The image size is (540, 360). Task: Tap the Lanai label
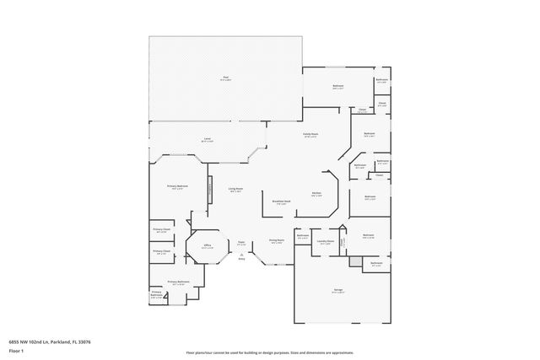pyautogui.click(x=207, y=140)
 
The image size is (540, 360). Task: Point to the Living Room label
pyautogui.click(x=235, y=191)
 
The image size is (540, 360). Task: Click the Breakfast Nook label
pyautogui.click(x=282, y=202)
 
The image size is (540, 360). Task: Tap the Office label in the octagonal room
pyautogui.click(x=207, y=246)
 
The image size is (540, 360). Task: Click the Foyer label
pyautogui.click(x=241, y=242)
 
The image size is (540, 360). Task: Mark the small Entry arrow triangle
pyautogui.click(x=241, y=255)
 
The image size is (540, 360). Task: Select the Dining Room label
pyautogui.click(x=276, y=242)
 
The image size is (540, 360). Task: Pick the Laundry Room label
pyautogui.click(x=325, y=243)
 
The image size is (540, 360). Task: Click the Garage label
pyautogui.click(x=337, y=290)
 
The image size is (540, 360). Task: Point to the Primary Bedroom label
pyautogui.click(x=177, y=187)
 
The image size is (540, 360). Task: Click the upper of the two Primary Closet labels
pyautogui.click(x=161, y=229)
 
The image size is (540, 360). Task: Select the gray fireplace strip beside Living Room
pyautogui.click(x=210, y=190)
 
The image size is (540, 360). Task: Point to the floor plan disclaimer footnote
pyautogui.click(x=269, y=352)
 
